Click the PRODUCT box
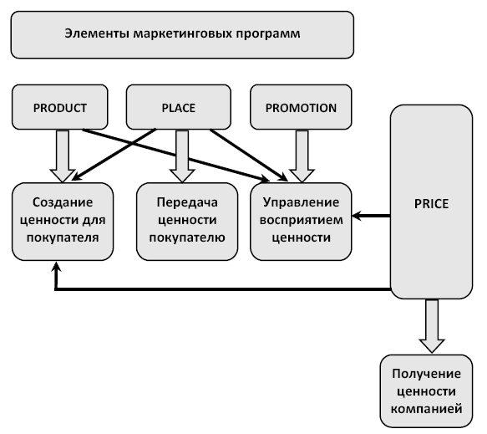(x=60, y=107)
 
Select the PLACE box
(x=179, y=107)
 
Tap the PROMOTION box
(x=301, y=107)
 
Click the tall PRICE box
(x=431, y=202)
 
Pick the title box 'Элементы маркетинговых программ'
(x=182, y=35)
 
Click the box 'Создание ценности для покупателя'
(x=63, y=222)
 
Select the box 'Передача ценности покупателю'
(x=187, y=222)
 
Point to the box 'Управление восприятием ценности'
(x=301, y=222)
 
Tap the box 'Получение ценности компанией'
(x=426, y=391)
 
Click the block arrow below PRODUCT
(x=63, y=156)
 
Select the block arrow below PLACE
(x=182, y=156)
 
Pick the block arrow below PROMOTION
(x=302, y=156)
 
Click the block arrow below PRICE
(x=432, y=326)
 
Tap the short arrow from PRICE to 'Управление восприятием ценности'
(x=371, y=216)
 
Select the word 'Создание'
(x=63, y=202)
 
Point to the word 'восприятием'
(x=302, y=220)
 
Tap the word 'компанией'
(x=426, y=409)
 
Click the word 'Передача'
(x=187, y=202)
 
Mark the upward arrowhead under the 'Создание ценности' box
(x=56, y=267)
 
